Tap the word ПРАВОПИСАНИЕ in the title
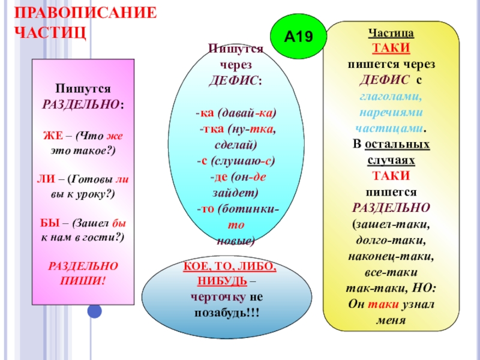pos(85,13)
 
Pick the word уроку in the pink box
pos(94,194)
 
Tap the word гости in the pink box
pos(101,237)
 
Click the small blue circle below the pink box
pos(95,311)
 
